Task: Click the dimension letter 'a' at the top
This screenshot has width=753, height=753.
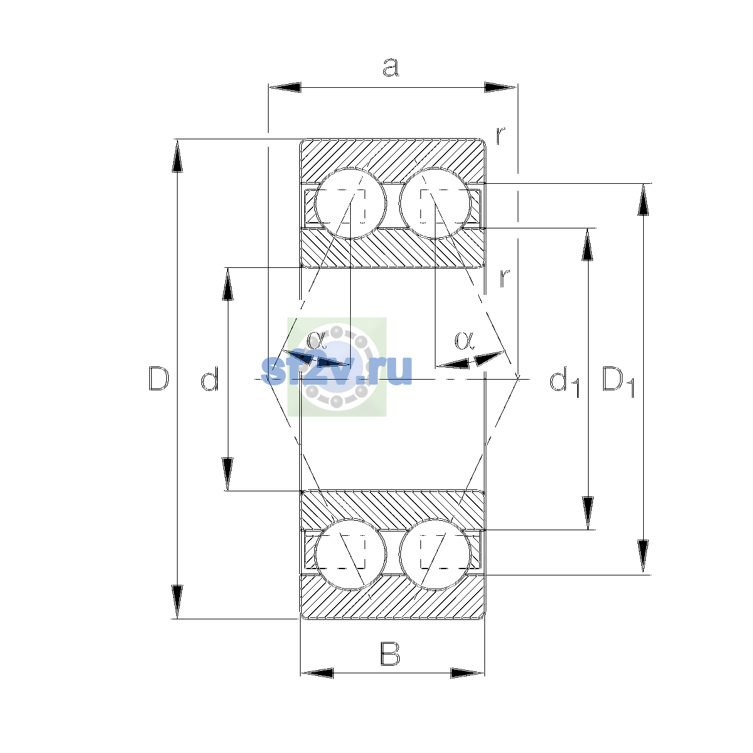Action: point(390,67)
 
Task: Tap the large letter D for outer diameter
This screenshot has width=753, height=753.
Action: point(159,378)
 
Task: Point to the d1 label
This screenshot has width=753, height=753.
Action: point(564,382)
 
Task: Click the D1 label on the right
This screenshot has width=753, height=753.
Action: point(618,382)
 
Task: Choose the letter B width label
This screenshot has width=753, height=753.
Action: point(390,654)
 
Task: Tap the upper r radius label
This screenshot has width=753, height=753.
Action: point(501,135)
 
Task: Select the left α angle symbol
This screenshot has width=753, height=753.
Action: point(316,339)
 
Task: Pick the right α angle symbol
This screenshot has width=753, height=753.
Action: point(464,340)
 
